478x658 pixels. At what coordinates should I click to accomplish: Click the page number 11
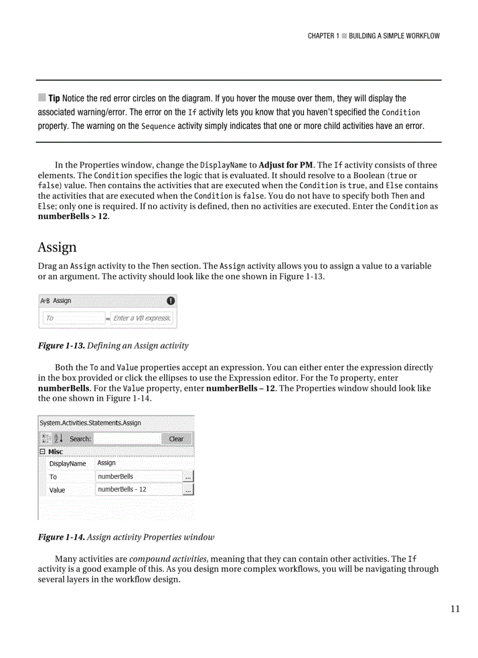tap(455, 609)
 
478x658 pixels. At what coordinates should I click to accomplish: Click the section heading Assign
tap(57, 247)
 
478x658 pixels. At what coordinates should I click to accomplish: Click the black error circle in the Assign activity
tap(170, 301)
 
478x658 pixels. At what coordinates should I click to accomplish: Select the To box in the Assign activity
tap(73, 318)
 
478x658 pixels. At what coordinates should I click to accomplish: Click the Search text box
tap(127, 439)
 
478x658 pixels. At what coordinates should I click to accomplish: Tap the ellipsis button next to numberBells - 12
tap(188, 490)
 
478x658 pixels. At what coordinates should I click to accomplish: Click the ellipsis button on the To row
tap(188, 477)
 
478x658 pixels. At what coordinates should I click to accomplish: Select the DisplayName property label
tap(67, 463)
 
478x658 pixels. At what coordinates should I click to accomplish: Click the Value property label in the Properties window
tap(57, 490)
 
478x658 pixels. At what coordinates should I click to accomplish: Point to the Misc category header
tap(55, 452)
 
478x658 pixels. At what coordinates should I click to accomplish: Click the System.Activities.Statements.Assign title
tap(90, 423)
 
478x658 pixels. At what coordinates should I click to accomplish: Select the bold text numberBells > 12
tap(73, 216)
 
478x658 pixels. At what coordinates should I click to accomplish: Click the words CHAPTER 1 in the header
tap(323, 36)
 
